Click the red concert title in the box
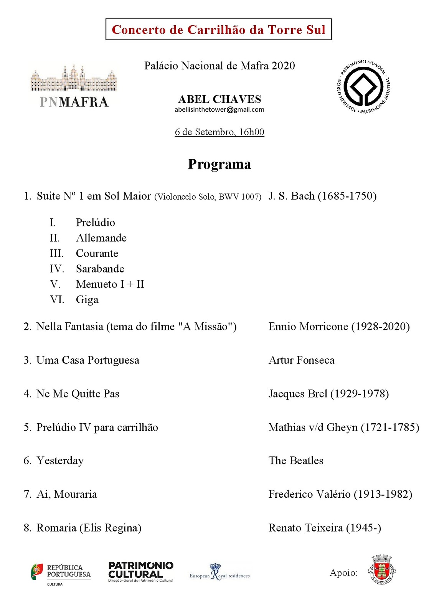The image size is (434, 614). (218, 30)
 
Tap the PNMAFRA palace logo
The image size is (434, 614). (74, 87)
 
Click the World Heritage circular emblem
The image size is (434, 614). (363, 86)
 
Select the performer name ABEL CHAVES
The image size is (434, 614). (219, 99)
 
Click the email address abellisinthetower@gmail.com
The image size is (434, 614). (219, 109)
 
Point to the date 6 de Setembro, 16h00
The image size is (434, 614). (219, 132)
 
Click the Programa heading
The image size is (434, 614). (219, 164)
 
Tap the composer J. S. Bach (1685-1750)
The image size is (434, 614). (322, 196)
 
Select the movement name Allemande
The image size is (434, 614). (101, 238)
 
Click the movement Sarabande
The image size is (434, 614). (100, 269)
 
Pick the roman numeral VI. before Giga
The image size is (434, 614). (57, 299)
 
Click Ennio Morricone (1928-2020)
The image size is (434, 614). (339, 327)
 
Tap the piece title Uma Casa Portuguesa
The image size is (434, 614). (87, 360)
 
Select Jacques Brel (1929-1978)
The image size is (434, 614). (328, 394)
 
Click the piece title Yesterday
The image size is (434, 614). (60, 460)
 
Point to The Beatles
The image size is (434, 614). (296, 460)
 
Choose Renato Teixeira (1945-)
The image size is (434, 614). (325, 528)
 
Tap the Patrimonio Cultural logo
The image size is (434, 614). (141, 571)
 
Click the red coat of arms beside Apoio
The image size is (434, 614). (381, 570)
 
